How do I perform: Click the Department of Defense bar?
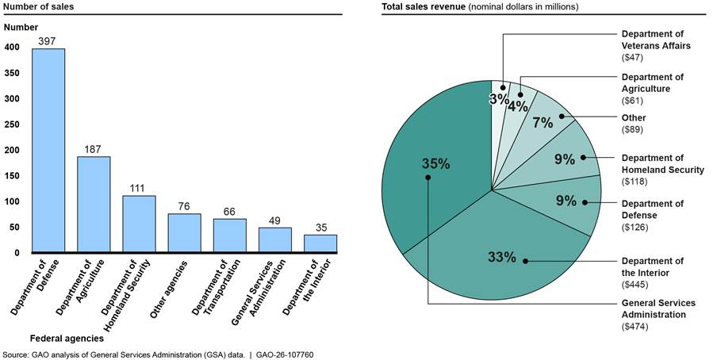pyautogui.click(x=48, y=151)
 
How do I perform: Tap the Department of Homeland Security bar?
pyautogui.click(x=139, y=224)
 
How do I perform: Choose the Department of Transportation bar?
pyautogui.click(x=229, y=236)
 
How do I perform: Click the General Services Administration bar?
pyautogui.click(x=275, y=240)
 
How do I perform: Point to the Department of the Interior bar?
pyautogui.click(x=320, y=243)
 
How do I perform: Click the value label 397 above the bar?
pyautogui.click(x=48, y=41)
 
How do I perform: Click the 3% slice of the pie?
pyautogui.click(x=499, y=99)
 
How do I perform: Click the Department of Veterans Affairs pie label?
pyautogui.click(x=655, y=40)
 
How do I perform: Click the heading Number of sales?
pyautogui.click(x=38, y=6)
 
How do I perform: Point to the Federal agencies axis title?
pyautogui.click(x=67, y=338)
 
